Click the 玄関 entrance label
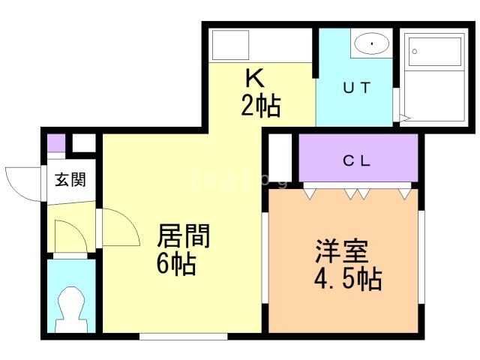[69, 180]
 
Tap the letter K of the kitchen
[254, 78]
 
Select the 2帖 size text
[260, 106]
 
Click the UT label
[356, 87]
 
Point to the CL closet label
[358, 159]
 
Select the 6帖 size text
[176, 264]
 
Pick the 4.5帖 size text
[346, 279]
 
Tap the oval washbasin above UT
[370, 44]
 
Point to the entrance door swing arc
[20, 181]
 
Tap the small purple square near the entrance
[54, 142]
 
